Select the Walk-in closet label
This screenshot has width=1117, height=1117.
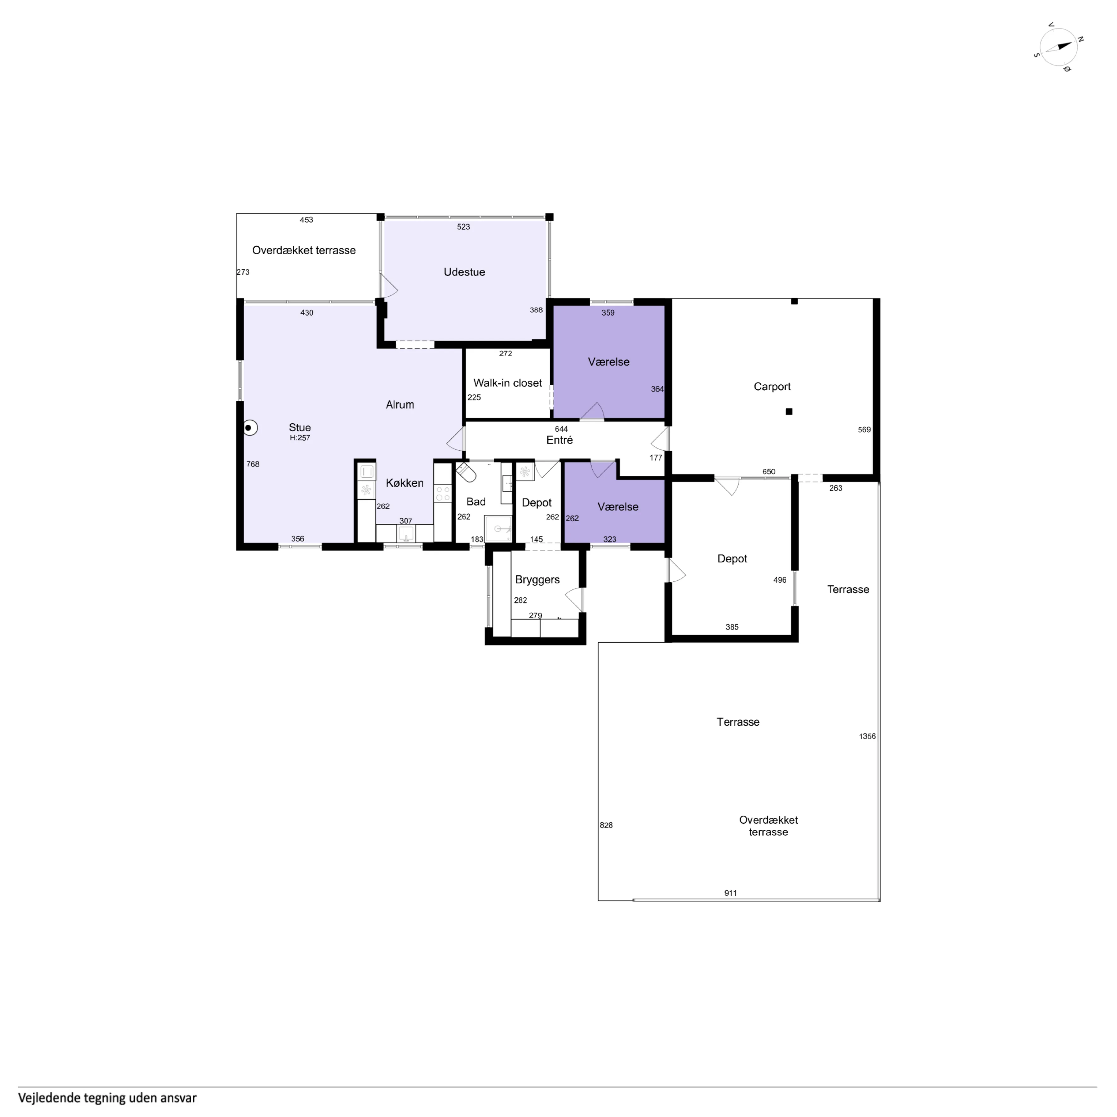(x=508, y=383)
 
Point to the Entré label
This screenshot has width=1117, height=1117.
(x=560, y=440)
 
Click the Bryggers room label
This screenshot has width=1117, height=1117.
(x=537, y=580)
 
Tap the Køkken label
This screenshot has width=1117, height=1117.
(x=405, y=483)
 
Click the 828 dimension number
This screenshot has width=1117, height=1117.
(x=606, y=825)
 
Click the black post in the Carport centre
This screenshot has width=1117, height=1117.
(x=788, y=412)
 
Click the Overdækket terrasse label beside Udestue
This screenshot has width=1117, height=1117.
(x=304, y=250)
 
